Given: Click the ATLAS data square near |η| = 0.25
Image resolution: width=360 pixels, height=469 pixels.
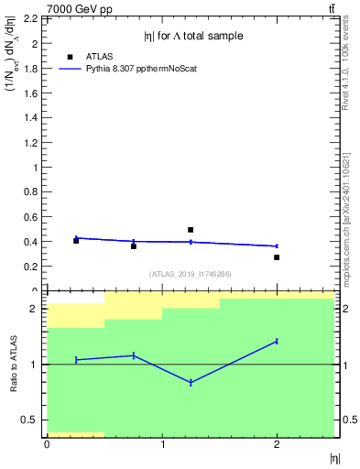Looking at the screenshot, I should pyautogui.click(x=76, y=241).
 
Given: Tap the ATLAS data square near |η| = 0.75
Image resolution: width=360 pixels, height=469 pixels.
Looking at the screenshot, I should pyautogui.click(x=134, y=246).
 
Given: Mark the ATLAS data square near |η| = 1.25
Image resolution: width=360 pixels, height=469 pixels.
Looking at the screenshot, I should pyautogui.click(x=191, y=230).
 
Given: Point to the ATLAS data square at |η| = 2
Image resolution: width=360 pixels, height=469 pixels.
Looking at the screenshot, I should pyautogui.click(x=277, y=257).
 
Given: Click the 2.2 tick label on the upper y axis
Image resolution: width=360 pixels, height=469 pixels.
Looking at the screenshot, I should pyautogui.click(x=32, y=19).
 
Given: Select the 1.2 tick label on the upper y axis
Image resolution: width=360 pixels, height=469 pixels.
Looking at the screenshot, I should pyautogui.click(x=32, y=143).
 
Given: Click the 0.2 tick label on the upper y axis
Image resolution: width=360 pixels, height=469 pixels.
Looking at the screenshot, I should pyautogui.click(x=32, y=267).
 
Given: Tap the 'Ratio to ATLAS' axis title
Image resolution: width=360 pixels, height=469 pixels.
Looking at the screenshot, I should pyautogui.click(x=14, y=365).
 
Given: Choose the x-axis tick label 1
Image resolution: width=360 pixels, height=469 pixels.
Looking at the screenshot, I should pyautogui.click(x=162, y=445).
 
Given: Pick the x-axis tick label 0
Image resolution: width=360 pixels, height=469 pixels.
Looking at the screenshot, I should pyautogui.click(x=47, y=445).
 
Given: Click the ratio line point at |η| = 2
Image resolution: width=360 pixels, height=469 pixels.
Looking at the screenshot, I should pyautogui.click(x=277, y=341).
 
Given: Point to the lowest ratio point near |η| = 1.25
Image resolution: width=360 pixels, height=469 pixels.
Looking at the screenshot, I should pyautogui.click(x=191, y=382).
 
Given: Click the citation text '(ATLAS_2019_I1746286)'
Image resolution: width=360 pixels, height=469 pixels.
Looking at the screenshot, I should pyautogui.click(x=190, y=274).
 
